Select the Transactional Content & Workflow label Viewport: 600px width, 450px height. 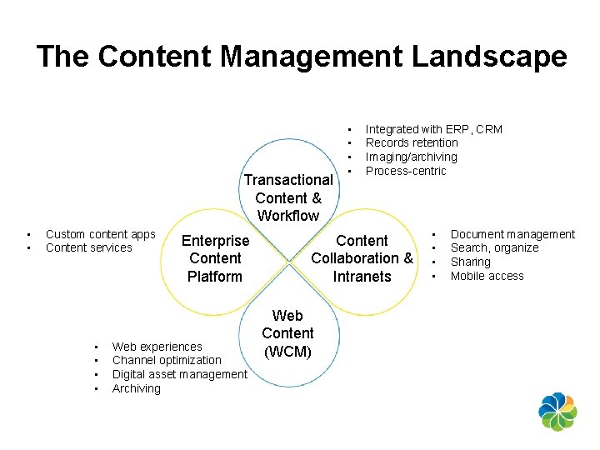287,197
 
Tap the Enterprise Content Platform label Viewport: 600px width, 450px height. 215,258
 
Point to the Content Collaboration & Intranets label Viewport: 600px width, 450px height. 362,258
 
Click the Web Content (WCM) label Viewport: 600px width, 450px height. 287,333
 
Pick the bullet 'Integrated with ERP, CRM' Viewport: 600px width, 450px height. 433,129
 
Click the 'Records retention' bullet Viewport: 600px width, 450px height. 412,142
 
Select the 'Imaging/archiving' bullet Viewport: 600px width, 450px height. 411,157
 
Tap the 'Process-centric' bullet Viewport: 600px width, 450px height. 406,171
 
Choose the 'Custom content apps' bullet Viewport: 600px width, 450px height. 100,234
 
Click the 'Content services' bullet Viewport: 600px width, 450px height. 88,247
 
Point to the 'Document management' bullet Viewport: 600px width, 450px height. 512,234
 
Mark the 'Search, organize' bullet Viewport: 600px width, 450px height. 494,247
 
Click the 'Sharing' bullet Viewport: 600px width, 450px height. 470,262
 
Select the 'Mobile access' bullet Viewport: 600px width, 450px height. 487,276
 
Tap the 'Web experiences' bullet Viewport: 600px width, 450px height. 157,346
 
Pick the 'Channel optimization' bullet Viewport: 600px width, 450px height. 167,360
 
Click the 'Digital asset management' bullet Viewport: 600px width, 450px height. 179,374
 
